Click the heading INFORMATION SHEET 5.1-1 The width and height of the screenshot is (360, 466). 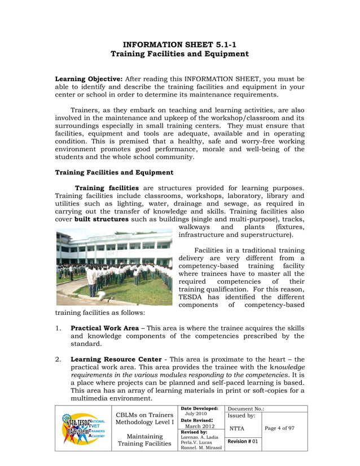tap(179, 43)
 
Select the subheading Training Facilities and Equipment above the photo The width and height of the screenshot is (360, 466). tap(113, 172)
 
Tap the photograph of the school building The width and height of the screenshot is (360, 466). tap(115, 266)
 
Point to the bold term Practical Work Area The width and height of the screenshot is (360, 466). tap(104, 328)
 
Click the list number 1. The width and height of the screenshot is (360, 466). tap(58, 328)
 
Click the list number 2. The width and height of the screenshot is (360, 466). tap(58, 359)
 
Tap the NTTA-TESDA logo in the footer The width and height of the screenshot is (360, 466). tap(84, 429)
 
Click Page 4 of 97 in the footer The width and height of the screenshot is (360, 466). tap(279, 428)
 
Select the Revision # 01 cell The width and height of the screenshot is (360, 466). tap(243, 441)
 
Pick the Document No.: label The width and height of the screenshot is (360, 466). tap(246, 408)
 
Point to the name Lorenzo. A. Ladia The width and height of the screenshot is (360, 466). tap(200, 437)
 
